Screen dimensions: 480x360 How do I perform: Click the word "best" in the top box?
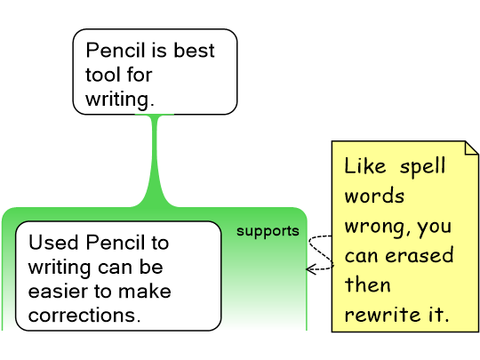[x=194, y=50]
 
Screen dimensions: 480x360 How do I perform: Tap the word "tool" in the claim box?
[x=102, y=75]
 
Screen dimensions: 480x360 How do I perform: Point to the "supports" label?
[x=268, y=231]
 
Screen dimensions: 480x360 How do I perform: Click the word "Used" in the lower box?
[x=53, y=243]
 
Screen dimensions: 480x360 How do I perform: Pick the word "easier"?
[x=58, y=292]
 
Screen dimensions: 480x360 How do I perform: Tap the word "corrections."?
[x=84, y=316]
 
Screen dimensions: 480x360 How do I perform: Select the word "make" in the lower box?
[x=145, y=291]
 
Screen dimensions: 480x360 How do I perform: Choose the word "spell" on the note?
[x=422, y=166]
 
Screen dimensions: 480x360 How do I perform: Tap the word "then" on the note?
[x=368, y=284]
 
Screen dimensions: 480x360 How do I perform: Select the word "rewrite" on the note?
[x=382, y=315]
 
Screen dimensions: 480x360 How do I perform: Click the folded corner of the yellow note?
[x=472, y=148]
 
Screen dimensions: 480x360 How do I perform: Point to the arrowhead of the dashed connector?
[x=311, y=269]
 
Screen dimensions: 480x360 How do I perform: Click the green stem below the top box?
[x=155, y=159]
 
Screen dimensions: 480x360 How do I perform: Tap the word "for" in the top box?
[x=140, y=75]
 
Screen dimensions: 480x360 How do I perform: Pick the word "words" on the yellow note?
[x=374, y=196]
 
